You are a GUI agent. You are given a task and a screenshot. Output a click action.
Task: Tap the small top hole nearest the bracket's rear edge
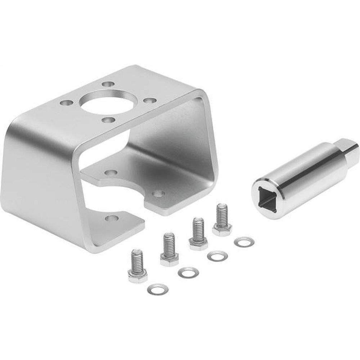coord(106,84)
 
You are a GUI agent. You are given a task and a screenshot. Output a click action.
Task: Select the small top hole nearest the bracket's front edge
coord(106,120)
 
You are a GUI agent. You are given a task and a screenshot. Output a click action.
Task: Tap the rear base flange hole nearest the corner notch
coord(158,194)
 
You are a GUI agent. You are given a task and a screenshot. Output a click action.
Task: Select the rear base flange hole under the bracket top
coord(111,172)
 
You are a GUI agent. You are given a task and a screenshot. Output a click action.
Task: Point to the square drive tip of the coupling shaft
coord(349,148)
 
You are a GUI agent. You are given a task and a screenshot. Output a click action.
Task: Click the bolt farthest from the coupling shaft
coord(137,266)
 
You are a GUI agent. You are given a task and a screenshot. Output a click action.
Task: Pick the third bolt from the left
coord(198,234)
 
